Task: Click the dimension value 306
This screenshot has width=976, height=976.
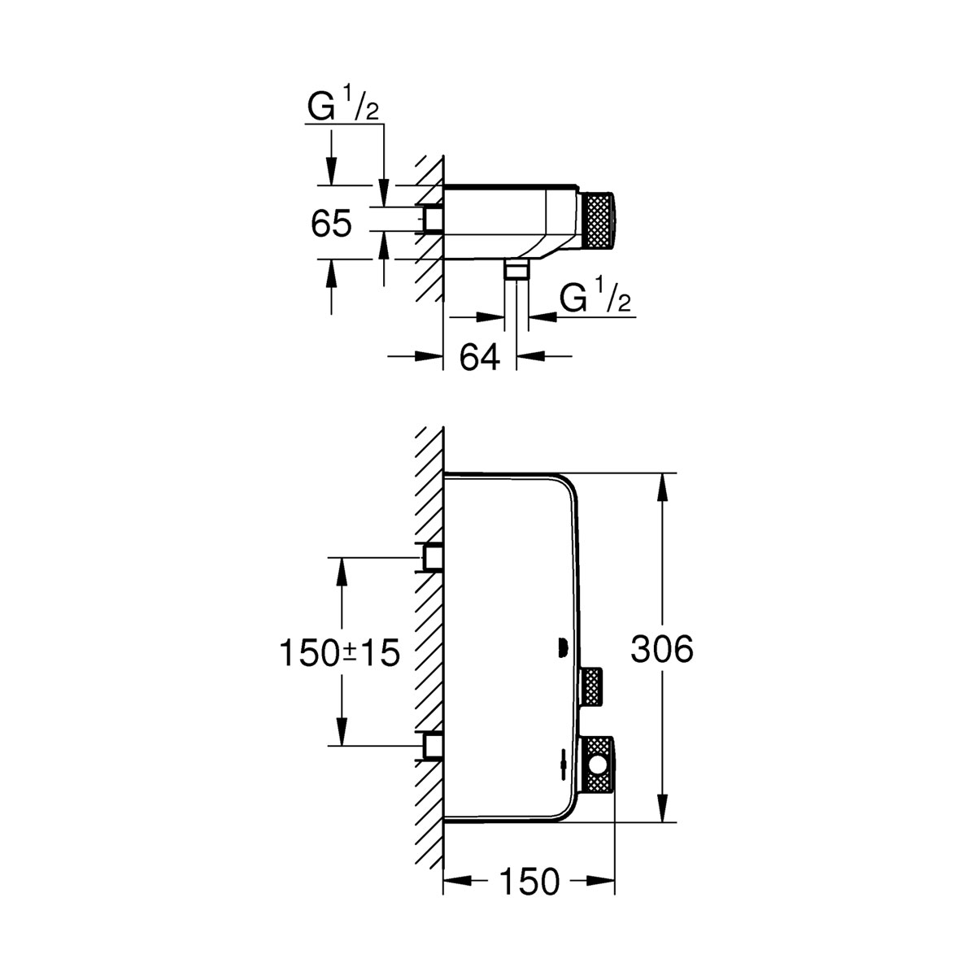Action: [662, 649]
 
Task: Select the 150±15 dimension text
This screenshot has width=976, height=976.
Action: [340, 652]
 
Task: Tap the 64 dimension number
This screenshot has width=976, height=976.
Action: [480, 357]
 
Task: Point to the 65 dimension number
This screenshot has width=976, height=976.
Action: [331, 224]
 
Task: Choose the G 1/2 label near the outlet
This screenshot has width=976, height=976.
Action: [595, 299]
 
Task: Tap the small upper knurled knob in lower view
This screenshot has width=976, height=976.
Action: [593, 687]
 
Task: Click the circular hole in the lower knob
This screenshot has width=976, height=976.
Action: [601, 765]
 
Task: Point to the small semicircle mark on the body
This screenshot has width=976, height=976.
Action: [560, 648]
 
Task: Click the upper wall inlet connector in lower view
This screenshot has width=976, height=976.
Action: [432, 557]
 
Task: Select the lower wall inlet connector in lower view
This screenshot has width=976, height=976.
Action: [432, 744]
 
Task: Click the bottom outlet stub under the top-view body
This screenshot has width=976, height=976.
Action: [516, 271]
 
